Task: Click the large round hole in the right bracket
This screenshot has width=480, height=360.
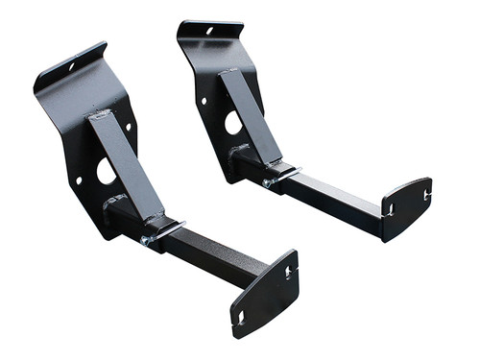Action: tap(233, 122)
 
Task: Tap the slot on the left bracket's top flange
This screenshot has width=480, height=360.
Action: tap(70, 66)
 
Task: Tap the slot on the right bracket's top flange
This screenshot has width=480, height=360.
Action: tap(209, 30)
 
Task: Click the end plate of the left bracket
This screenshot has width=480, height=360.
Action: tap(264, 293)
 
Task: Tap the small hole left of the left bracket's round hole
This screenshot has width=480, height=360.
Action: tap(79, 180)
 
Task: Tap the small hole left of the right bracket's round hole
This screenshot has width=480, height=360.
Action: tap(204, 100)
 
